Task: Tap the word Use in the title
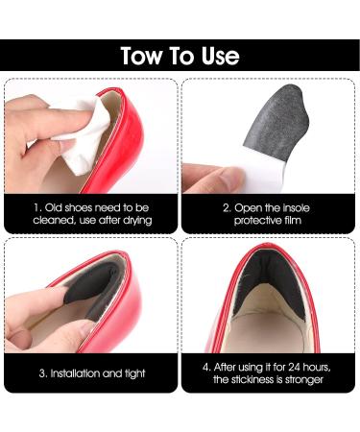[x=221, y=56]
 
